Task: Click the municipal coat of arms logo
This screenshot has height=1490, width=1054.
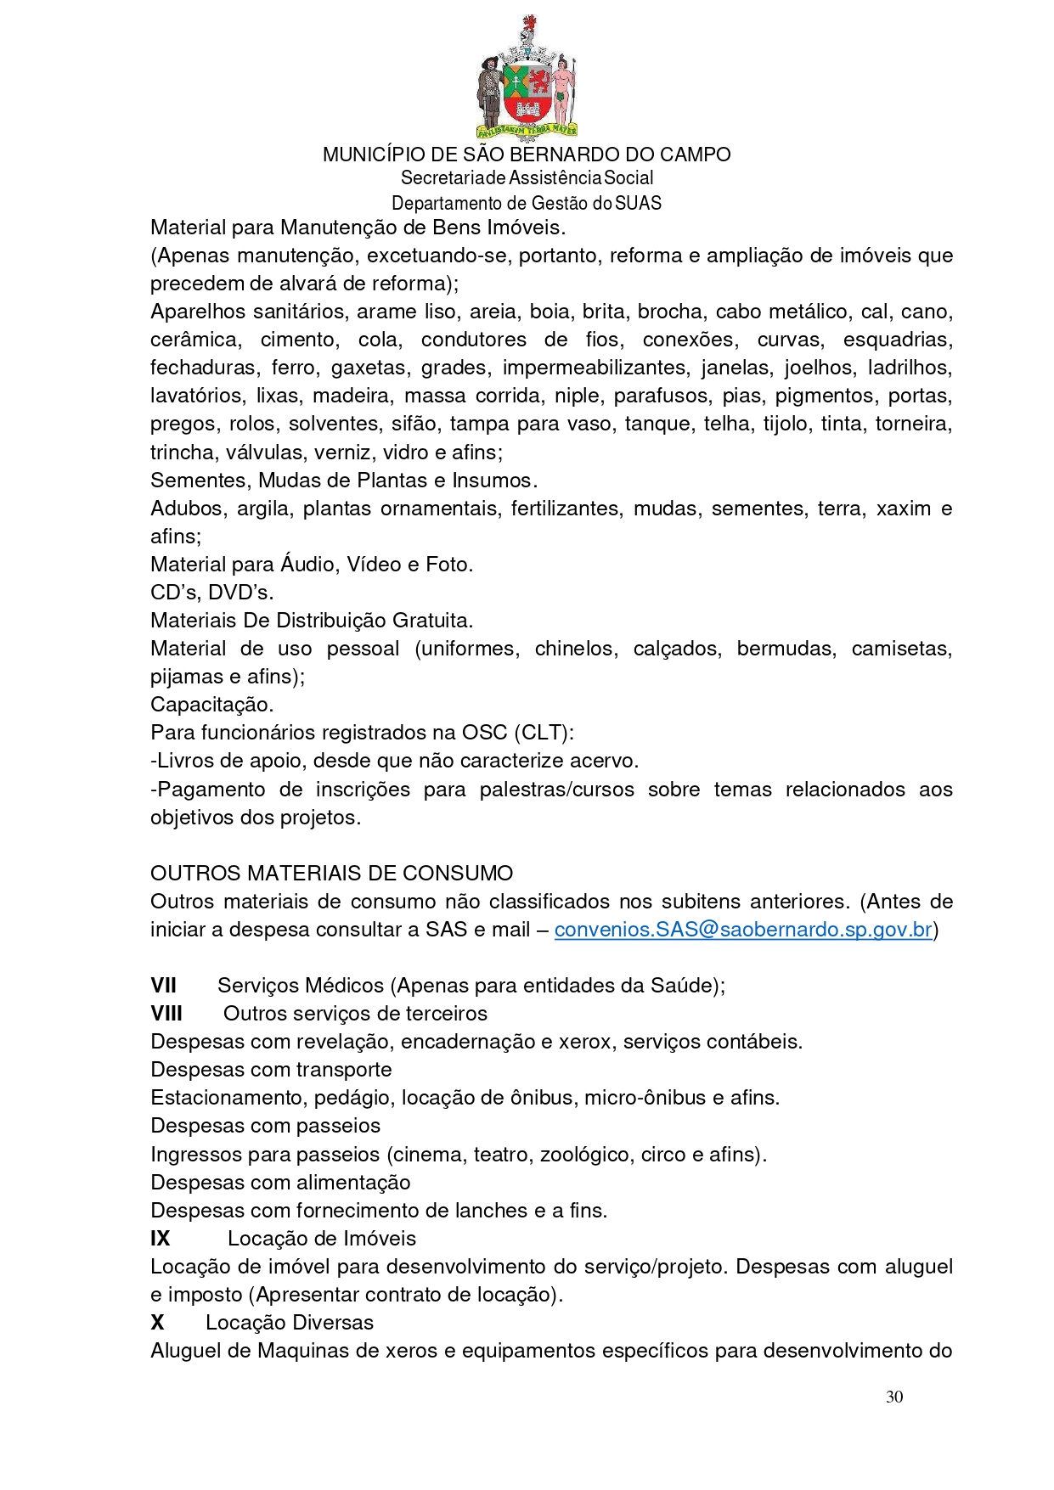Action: click(x=527, y=79)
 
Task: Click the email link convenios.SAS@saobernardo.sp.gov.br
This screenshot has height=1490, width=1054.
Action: click(x=743, y=930)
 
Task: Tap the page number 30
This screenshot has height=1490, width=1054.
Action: click(x=893, y=1397)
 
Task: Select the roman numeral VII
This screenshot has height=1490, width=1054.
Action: click(x=163, y=986)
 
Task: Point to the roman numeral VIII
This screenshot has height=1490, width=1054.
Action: click(x=166, y=1014)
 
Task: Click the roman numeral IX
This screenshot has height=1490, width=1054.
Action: click(x=161, y=1239)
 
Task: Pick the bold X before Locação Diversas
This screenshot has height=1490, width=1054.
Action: click(x=157, y=1323)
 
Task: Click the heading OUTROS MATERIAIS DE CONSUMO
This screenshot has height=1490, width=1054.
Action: click(x=331, y=874)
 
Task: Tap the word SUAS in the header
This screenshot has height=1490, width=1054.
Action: click(x=638, y=204)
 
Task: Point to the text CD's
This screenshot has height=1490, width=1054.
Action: click(x=175, y=593)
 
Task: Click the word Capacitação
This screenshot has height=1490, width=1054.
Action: click(x=211, y=705)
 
